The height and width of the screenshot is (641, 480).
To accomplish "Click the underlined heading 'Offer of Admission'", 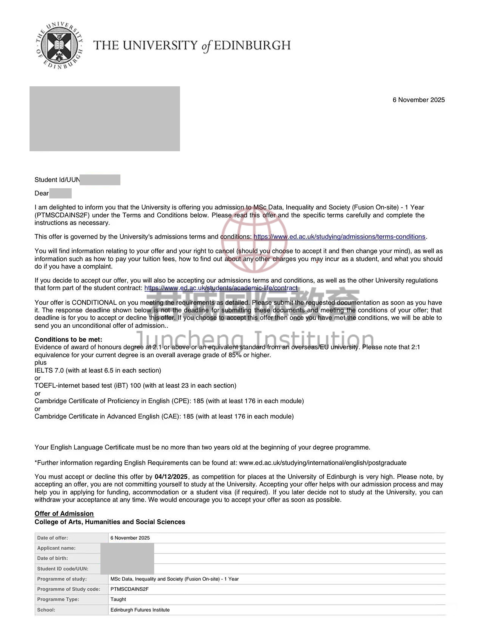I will pyautogui.click(x=64, y=513).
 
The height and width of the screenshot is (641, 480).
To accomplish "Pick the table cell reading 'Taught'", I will pyautogui.click(x=118, y=599).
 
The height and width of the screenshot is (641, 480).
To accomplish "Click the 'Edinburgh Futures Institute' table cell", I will pyautogui.click(x=140, y=610).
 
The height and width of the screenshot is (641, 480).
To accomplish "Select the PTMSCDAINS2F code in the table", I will pyautogui.click(x=129, y=589).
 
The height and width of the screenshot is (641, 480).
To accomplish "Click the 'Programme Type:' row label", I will pyautogui.click(x=58, y=599).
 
